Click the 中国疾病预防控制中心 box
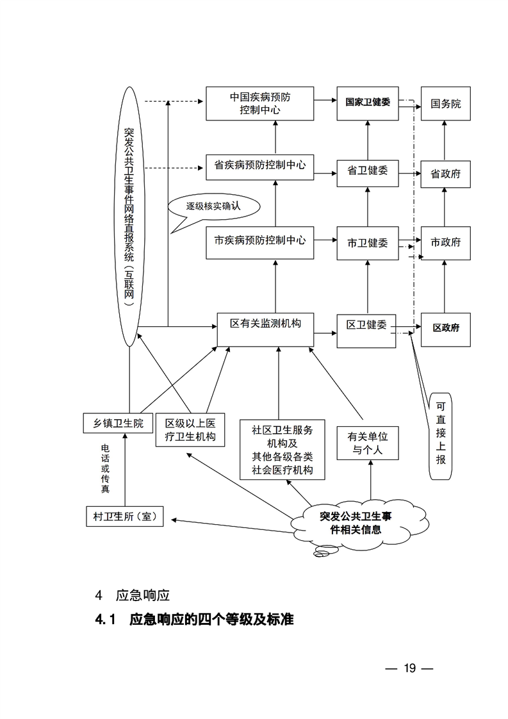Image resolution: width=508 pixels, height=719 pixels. pos(260,103)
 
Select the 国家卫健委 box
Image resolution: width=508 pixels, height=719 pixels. pos(368,103)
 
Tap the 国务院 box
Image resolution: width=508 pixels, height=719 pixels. pos(446,103)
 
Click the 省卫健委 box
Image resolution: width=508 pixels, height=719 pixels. pos(368,170)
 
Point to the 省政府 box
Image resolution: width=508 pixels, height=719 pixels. pos(446,173)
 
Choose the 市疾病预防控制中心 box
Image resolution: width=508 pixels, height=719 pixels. pos(260,242)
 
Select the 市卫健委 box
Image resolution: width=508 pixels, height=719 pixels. pos(368,243)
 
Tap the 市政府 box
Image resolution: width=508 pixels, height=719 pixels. pos(446,243)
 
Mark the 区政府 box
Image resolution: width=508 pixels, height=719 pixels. pos(446,328)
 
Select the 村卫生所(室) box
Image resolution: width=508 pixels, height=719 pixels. pos(124,517)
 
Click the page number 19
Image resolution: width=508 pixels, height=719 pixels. pos(410,668)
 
